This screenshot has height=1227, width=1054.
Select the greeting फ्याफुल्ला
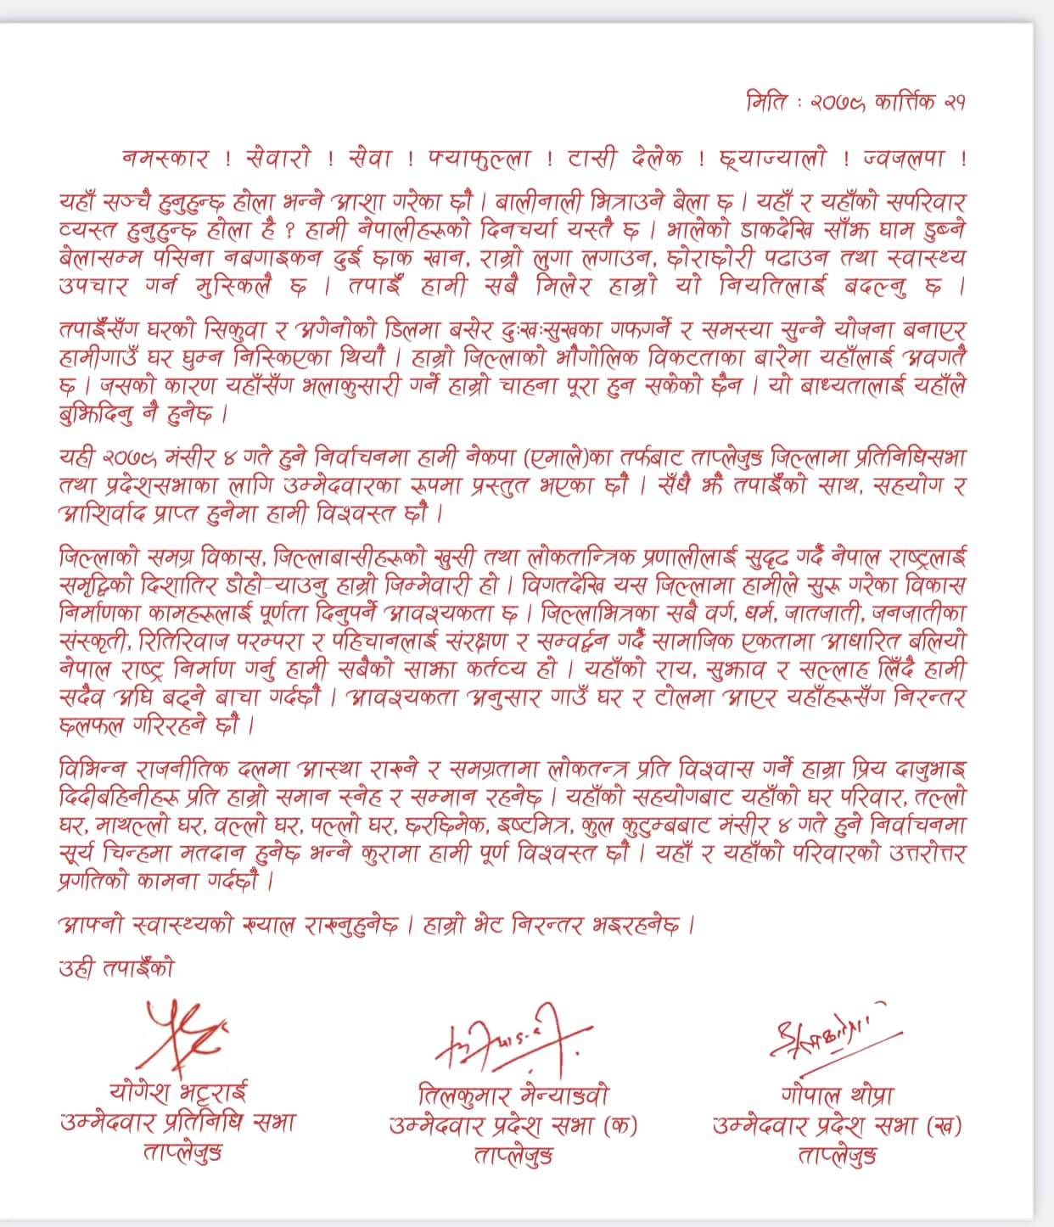click(x=479, y=159)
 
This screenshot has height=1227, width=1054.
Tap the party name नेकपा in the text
click(x=491, y=458)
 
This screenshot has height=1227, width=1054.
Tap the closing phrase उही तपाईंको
click(x=115, y=968)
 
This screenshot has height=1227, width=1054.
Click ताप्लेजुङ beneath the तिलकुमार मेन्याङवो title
click(x=513, y=1155)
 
